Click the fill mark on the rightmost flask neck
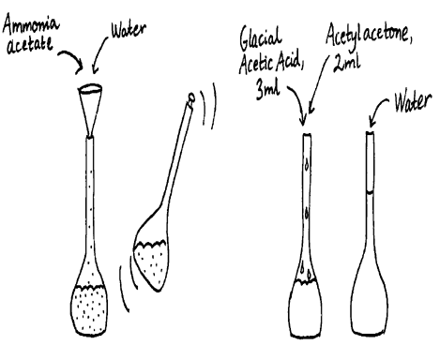(x=369, y=193)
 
